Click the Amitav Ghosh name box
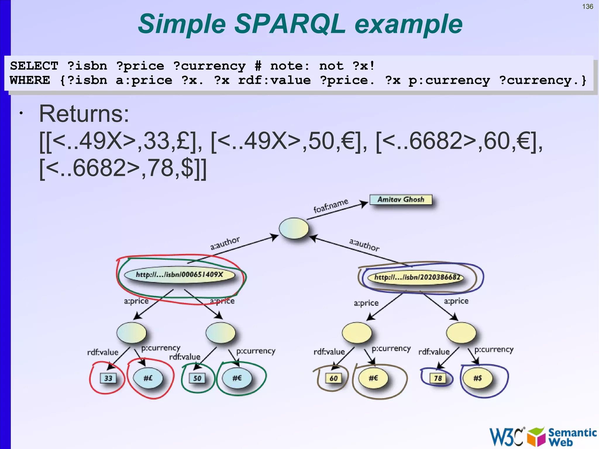pos(401,200)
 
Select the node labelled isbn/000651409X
pos(179,275)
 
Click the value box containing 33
pos(108,378)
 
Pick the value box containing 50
pos(197,378)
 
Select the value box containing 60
pos(333,378)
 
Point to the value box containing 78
pos(438,378)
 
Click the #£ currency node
pos(148,378)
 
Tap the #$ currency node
pos(478,378)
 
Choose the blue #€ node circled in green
pos(237,378)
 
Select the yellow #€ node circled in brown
pos(373,378)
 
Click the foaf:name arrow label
pos(331,205)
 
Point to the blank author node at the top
pos(294,228)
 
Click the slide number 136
pos(588,6)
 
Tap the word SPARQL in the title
pos(290,24)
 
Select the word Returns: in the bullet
pos(84,113)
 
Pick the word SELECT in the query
pos(34,66)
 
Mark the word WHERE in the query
pos(30,80)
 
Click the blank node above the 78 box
pos(461,333)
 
